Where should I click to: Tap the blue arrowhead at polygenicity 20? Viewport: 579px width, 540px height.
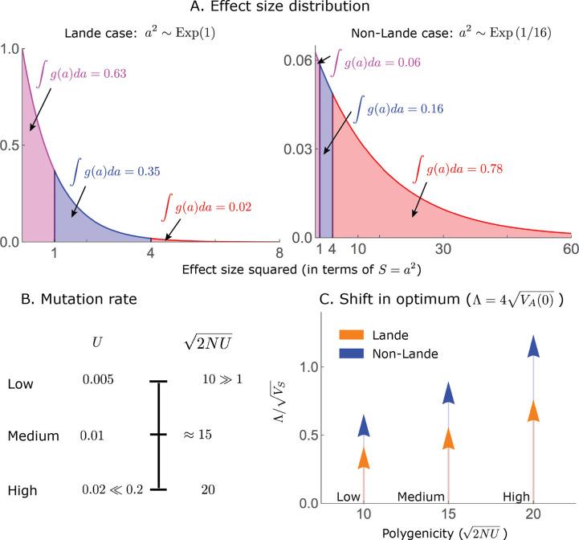(x=533, y=346)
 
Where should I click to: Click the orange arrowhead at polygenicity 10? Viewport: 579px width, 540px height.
(x=364, y=457)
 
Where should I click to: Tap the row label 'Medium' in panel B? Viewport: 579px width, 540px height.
(x=33, y=436)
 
